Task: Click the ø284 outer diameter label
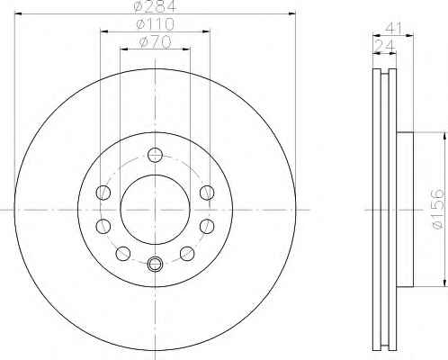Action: [155, 6]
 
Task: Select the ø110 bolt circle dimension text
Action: [155, 24]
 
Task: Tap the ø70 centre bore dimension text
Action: [155, 41]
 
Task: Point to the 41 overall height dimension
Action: [393, 28]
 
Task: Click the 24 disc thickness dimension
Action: [385, 46]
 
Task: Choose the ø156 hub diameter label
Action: [437, 209]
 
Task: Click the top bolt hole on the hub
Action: [155, 155]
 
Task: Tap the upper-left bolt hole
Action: [103, 193]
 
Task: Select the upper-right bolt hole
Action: [207, 193]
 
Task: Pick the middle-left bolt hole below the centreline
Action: [103, 226]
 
